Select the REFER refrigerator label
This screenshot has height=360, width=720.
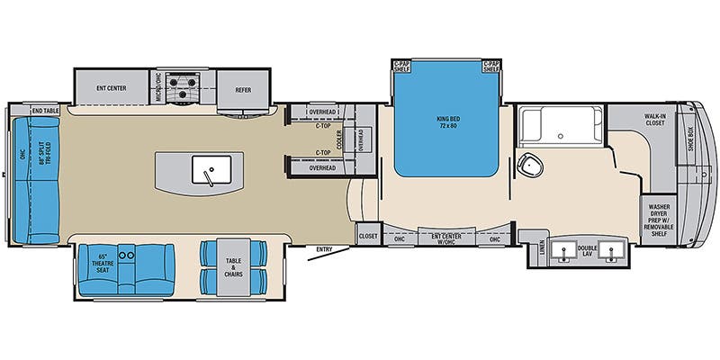(x=244, y=89)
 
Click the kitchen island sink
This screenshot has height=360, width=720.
(x=208, y=168)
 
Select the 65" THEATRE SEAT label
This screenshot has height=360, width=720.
(x=102, y=263)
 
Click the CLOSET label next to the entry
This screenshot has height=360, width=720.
(x=368, y=237)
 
